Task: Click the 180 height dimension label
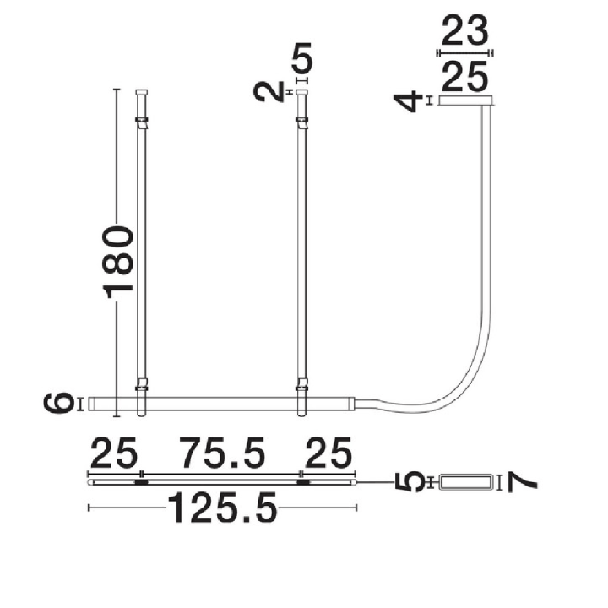click(118, 263)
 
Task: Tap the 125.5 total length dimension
click(223, 508)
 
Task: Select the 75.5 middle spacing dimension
click(223, 452)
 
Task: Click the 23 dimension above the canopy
click(464, 30)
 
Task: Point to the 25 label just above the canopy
click(464, 76)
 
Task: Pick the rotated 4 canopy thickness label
click(408, 101)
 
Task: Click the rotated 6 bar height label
click(59, 404)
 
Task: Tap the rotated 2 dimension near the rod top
click(269, 92)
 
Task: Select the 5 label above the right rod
click(301, 58)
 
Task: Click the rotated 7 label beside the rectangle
click(522, 483)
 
